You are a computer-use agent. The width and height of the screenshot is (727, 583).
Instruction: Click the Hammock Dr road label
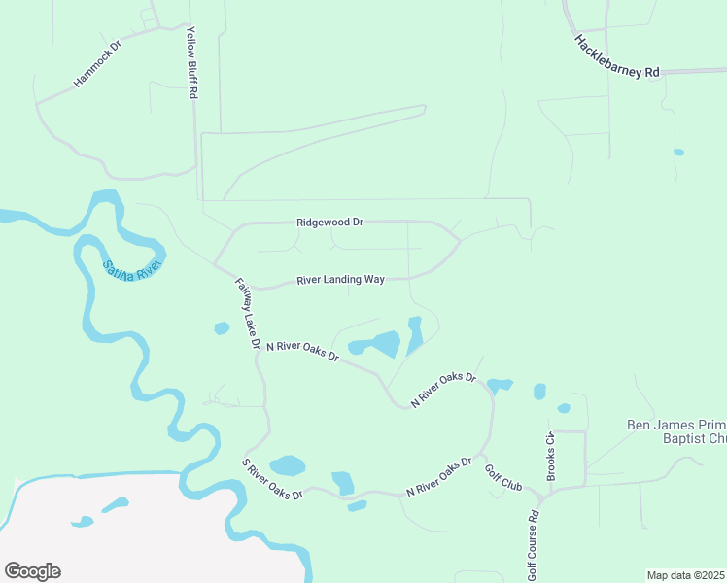[x=96, y=65]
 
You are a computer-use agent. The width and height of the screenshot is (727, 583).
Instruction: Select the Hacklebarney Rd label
[x=617, y=57]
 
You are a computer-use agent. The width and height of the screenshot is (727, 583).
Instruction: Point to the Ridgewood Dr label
[x=329, y=223]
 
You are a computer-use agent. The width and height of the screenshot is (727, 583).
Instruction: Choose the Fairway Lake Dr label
[x=248, y=314]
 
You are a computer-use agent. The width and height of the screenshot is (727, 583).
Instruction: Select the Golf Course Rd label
[x=533, y=543]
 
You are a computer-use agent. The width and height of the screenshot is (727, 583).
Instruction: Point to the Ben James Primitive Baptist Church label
[x=675, y=432]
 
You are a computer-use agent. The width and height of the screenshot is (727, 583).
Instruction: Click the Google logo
[x=32, y=571]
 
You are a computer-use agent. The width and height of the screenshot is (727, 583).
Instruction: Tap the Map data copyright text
[x=686, y=574]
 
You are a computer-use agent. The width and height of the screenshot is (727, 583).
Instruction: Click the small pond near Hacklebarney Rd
[x=678, y=153]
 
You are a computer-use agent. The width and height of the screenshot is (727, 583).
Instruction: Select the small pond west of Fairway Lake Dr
[x=222, y=328]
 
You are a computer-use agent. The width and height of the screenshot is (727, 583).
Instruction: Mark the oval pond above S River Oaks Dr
[x=288, y=466]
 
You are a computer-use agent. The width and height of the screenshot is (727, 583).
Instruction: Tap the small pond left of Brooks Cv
[x=539, y=392]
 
